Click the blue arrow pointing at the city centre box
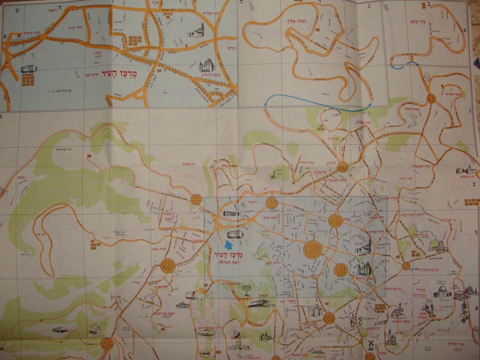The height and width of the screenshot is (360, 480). click(x=228, y=244)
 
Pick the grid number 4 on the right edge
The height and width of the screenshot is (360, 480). click(x=476, y=308)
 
